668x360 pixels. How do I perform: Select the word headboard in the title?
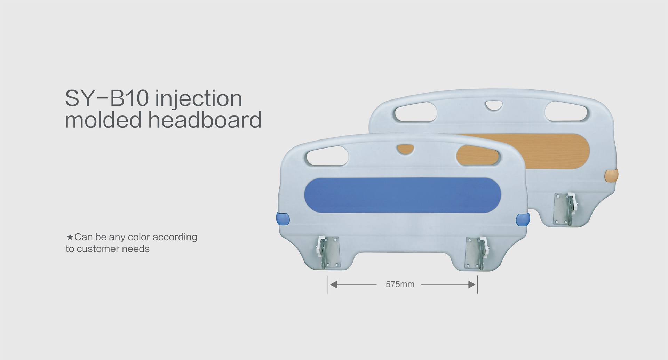tap(205, 120)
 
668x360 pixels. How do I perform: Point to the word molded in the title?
tap(103, 120)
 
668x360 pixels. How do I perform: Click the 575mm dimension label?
tap(400, 284)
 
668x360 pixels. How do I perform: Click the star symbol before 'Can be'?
tap(70, 237)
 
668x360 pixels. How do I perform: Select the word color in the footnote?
tap(139, 237)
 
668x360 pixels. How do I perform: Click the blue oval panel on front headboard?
tap(403, 195)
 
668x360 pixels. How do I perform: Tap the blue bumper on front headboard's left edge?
tap(283, 219)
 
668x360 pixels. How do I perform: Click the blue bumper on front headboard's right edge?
tap(523, 219)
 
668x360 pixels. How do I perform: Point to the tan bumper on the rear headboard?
tap(611, 175)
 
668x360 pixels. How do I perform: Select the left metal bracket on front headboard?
tap(328, 253)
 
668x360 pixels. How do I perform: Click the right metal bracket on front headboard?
tap(477, 253)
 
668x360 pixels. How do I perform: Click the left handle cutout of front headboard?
tap(327, 155)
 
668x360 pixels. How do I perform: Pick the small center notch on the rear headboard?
tap(494, 105)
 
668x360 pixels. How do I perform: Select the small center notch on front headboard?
tap(405, 149)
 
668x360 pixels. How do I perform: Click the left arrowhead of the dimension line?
tap(333, 285)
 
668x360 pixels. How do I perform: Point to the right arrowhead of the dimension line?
tap(472, 285)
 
